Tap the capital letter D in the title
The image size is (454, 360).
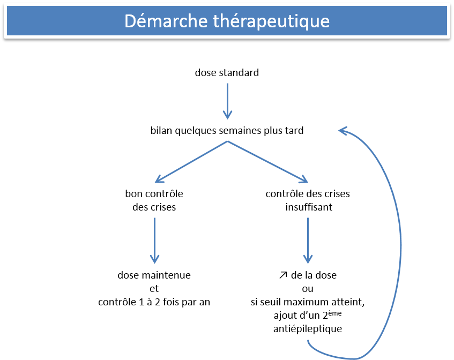pos(129,21)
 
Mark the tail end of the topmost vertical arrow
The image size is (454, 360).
pos(228,84)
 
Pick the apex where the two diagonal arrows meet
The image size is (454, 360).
pos(228,141)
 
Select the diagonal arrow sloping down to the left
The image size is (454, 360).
pos(191,162)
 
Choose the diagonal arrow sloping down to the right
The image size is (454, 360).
pos(268,162)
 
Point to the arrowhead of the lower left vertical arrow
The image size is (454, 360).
pos(154,260)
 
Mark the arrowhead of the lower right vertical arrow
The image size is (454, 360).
pos(308,260)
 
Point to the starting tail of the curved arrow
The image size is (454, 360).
pos(308,341)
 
